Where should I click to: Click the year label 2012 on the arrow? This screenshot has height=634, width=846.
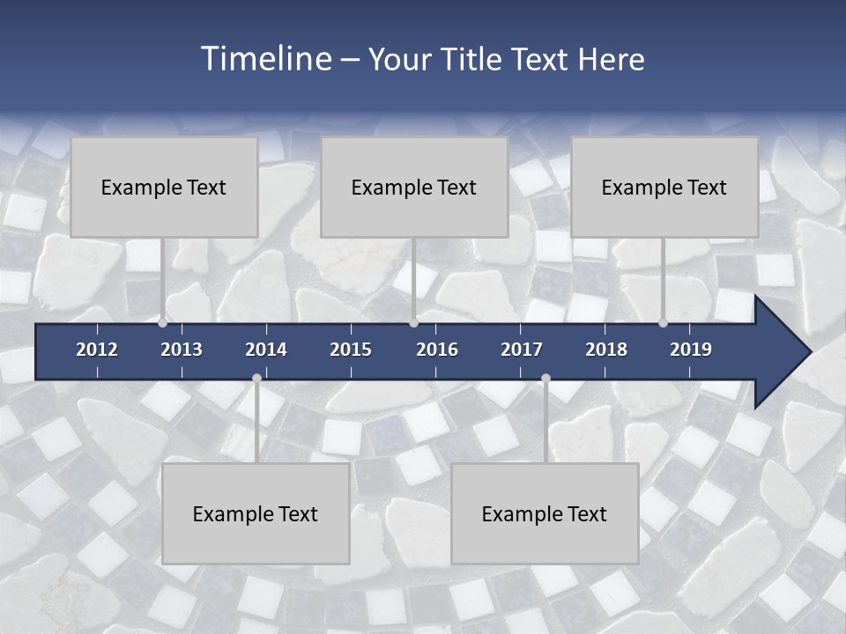(97, 350)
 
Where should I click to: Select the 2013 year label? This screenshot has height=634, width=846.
(182, 350)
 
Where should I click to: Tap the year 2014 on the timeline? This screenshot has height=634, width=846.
(266, 350)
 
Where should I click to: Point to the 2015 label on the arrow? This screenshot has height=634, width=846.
(351, 350)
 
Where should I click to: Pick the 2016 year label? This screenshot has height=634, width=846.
(437, 350)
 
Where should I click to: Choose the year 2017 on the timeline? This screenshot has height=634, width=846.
(522, 350)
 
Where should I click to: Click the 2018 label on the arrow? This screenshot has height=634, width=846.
(606, 350)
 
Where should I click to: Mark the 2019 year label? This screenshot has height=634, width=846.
(691, 350)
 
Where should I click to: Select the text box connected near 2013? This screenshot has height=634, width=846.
(164, 188)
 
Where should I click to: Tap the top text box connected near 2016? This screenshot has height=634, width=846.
(414, 188)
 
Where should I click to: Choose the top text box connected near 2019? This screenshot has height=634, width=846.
(664, 188)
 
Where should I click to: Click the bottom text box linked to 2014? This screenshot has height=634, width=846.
(256, 514)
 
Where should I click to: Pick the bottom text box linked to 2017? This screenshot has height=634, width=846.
(545, 514)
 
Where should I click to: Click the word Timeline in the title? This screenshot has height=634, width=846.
(265, 59)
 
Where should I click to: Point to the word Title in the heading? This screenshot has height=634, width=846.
(473, 60)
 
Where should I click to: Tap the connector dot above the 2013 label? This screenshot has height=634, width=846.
(163, 323)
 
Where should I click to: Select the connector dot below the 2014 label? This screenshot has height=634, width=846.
(256, 379)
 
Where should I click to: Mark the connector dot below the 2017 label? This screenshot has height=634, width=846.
(545, 379)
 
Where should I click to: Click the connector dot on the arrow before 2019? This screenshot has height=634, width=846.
(664, 323)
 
